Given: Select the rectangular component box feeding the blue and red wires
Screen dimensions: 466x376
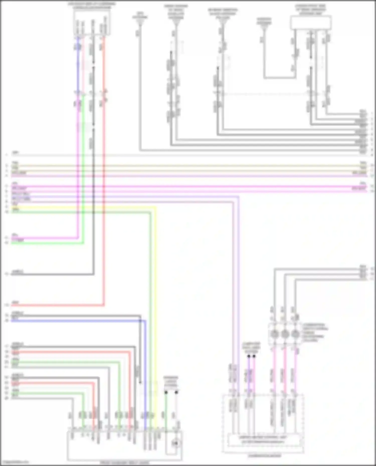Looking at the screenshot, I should pos(92,24).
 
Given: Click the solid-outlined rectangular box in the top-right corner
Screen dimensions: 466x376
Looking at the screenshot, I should pos(311,23).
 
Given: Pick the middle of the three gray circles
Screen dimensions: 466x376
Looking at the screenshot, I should pos(285,334).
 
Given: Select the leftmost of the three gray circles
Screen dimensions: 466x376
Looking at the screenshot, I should pos(274,334).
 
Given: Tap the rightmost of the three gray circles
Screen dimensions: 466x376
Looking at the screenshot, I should pos(296,334).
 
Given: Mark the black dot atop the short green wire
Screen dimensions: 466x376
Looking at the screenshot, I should pos(166,392).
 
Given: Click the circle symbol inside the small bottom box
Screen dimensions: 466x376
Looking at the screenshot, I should pos(175,443).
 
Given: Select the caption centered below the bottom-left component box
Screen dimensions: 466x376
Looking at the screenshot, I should pos(125,463).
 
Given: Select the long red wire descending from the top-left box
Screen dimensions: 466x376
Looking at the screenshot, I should pos(104,175).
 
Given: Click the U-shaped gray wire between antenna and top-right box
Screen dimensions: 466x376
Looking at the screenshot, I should pos(279,78).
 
